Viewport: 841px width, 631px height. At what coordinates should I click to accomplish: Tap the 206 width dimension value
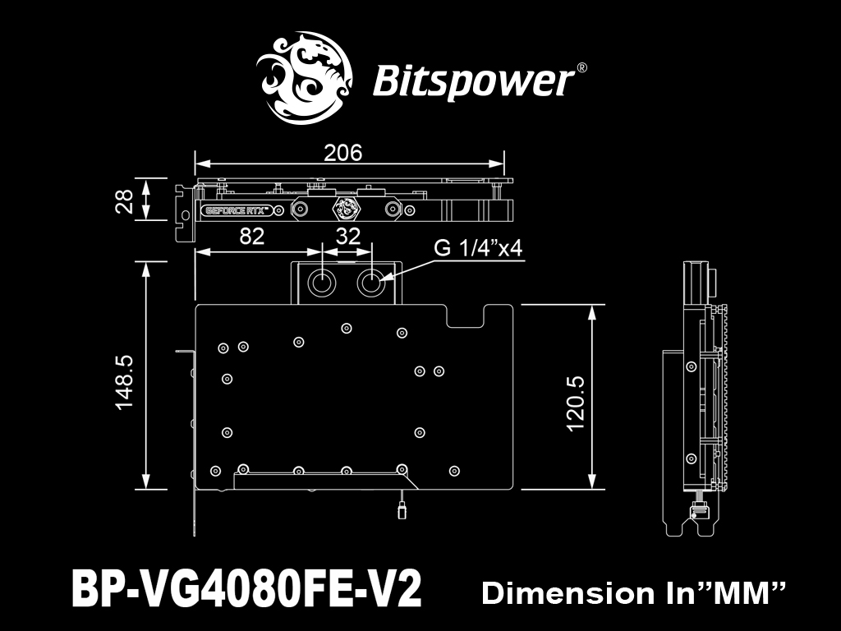[x=343, y=153]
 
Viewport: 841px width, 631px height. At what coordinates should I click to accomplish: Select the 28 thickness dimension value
[x=125, y=200]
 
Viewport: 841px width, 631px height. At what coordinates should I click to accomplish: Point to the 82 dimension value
[x=251, y=236]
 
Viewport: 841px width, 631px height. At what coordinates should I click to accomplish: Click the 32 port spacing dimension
[x=347, y=236]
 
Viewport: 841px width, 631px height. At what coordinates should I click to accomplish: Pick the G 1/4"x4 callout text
[x=478, y=248]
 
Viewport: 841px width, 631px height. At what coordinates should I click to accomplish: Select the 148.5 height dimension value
[x=125, y=382]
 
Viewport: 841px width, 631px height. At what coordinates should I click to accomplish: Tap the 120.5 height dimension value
[x=576, y=403]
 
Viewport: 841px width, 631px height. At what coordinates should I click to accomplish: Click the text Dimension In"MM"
[x=633, y=593]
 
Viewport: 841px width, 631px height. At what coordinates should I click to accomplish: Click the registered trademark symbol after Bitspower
[x=581, y=68]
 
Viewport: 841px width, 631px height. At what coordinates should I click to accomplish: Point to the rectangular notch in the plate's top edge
[x=466, y=315]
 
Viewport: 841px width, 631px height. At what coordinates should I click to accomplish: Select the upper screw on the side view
[x=692, y=366]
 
